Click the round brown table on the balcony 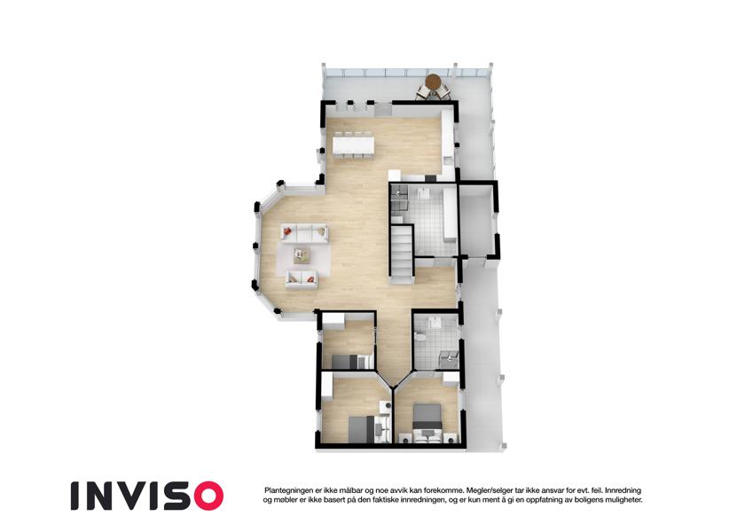433,82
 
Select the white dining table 354,145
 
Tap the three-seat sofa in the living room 304,233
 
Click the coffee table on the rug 302,255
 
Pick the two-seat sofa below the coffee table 301,279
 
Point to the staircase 402,254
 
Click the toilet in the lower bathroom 420,337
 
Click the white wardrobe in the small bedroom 333,320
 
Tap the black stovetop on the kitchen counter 431,178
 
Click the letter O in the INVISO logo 205,496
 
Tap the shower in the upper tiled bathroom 399,198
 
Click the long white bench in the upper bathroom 450,215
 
